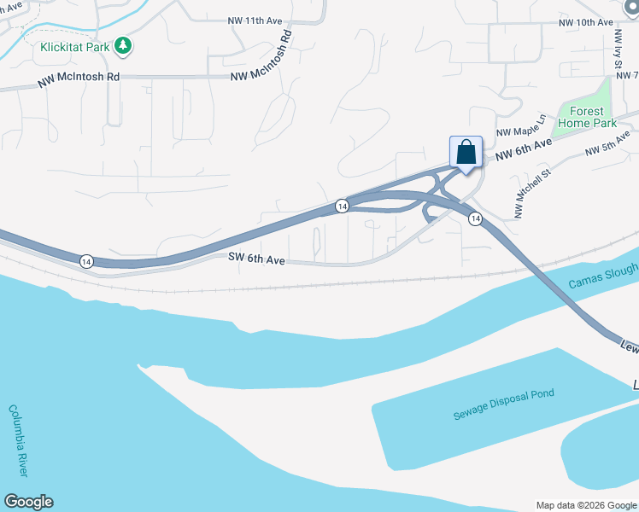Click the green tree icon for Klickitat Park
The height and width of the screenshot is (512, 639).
tap(124, 45)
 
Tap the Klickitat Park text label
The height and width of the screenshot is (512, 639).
tap(74, 47)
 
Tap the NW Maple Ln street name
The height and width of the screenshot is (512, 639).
tap(520, 125)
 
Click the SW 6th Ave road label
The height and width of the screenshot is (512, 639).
tap(255, 258)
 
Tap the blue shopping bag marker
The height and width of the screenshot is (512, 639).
tap(466, 153)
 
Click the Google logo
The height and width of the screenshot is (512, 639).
tap(28, 502)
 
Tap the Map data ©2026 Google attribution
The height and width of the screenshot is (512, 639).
tap(585, 505)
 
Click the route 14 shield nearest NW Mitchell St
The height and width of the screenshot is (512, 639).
tap(475, 219)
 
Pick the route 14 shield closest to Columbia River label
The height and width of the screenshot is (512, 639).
tap(86, 260)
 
